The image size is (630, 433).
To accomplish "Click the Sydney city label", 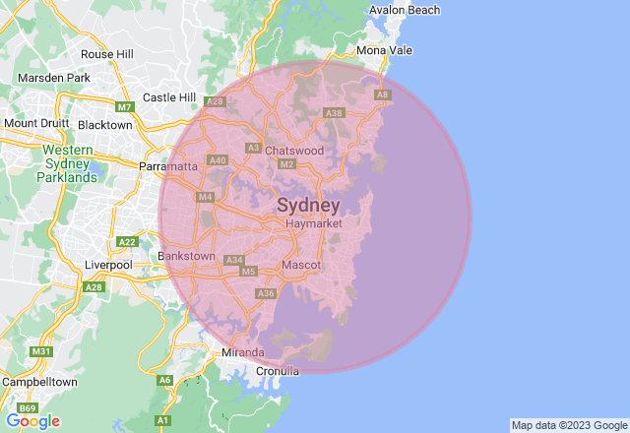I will (x=308, y=206).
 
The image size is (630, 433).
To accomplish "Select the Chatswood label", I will (x=294, y=151).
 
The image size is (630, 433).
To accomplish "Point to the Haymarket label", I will (x=313, y=224).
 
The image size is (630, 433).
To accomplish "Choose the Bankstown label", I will (x=186, y=256).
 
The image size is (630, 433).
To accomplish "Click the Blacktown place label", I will (x=104, y=125).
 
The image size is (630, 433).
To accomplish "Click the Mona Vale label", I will (x=385, y=50).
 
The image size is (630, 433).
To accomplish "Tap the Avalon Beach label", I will (x=405, y=10).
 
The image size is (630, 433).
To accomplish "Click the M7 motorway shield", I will (x=124, y=106).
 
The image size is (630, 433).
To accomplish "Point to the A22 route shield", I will (x=127, y=241).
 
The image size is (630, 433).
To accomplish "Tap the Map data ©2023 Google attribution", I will (x=568, y=425).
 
